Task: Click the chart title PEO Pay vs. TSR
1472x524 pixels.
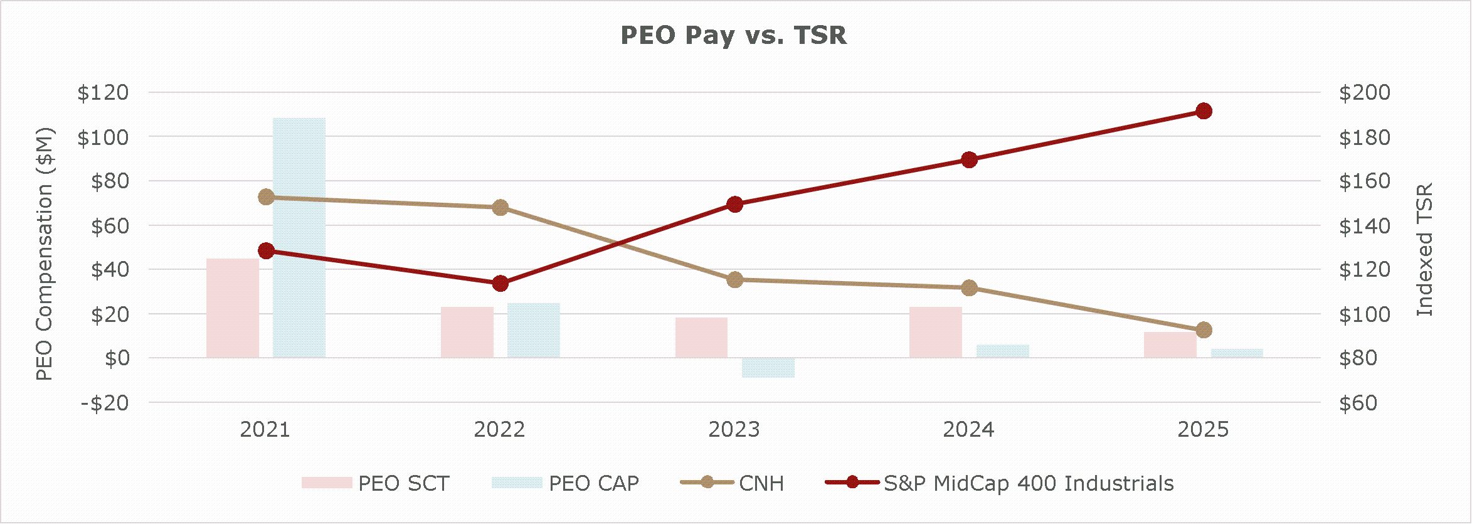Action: [x=733, y=35]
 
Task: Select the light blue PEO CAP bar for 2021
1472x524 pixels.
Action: [x=299, y=238]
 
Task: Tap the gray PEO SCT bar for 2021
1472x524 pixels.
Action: [x=233, y=308]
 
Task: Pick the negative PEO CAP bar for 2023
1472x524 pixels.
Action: [x=768, y=368]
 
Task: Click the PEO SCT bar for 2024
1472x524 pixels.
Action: [x=936, y=333]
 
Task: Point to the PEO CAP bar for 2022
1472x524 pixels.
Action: [x=534, y=331]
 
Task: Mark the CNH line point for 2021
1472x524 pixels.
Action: [x=266, y=197]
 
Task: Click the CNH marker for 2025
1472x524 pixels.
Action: [x=1204, y=330]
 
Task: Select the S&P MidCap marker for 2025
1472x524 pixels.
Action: [x=1204, y=111]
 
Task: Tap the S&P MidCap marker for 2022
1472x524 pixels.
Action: [x=500, y=284]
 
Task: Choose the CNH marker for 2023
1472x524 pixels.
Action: [x=735, y=280]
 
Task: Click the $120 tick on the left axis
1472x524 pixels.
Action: [x=103, y=93]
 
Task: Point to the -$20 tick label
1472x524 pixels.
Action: [x=105, y=403]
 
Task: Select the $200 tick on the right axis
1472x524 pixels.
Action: [x=1364, y=93]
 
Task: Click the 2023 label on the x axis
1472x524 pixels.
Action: [x=734, y=430]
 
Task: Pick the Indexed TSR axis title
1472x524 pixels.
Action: [x=1425, y=250]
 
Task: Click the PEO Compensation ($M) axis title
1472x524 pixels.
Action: [x=45, y=254]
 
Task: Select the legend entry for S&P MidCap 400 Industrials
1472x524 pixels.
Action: [x=1028, y=483]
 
